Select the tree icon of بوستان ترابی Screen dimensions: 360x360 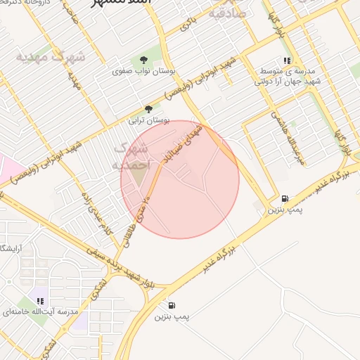point(148,109)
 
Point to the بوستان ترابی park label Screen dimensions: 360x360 point(146,120)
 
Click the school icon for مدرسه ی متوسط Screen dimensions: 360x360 point(286,60)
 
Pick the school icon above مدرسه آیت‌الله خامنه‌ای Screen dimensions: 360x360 point(40,301)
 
